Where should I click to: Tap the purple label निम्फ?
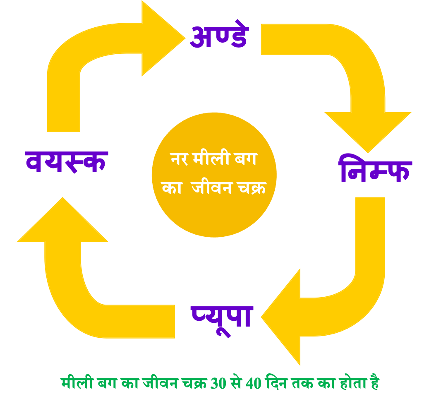coord(375,168)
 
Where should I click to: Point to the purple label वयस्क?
coord(67,162)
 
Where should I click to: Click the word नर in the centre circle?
coord(179,159)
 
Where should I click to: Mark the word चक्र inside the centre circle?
coord(252,188)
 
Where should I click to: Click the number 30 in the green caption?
coord(218,383)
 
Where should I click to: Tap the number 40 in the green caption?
coord(254,383)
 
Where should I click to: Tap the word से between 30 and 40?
coord(236,383)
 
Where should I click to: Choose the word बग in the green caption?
coord(107,383)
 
